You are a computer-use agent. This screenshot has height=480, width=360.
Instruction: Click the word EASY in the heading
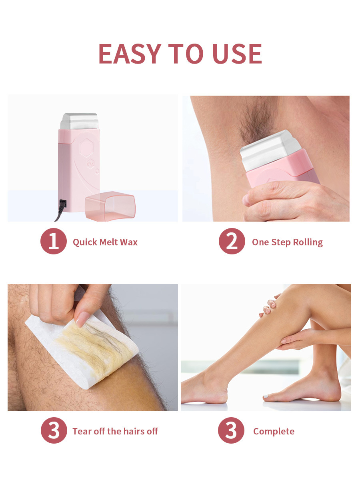pos(129,54)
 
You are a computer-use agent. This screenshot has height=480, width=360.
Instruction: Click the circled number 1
pos(53,241)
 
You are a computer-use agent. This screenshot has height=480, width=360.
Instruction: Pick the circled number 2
pos(232,241)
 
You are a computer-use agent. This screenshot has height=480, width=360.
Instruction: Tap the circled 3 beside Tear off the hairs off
pos(54,430)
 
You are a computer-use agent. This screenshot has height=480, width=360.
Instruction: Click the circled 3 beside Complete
pos(231,430)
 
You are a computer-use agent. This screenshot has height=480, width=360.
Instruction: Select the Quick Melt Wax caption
pos(105,242)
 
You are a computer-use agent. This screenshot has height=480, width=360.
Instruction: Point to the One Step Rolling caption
pos(287,242)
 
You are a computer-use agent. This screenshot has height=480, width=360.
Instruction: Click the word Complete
pos(274,431)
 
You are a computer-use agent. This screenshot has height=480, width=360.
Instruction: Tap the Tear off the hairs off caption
pos(115,431)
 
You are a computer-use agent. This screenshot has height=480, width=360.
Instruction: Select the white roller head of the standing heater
pos(79,121)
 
